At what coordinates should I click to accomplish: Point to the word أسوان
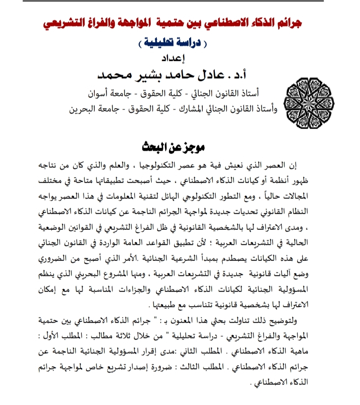(x=100, y=94)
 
